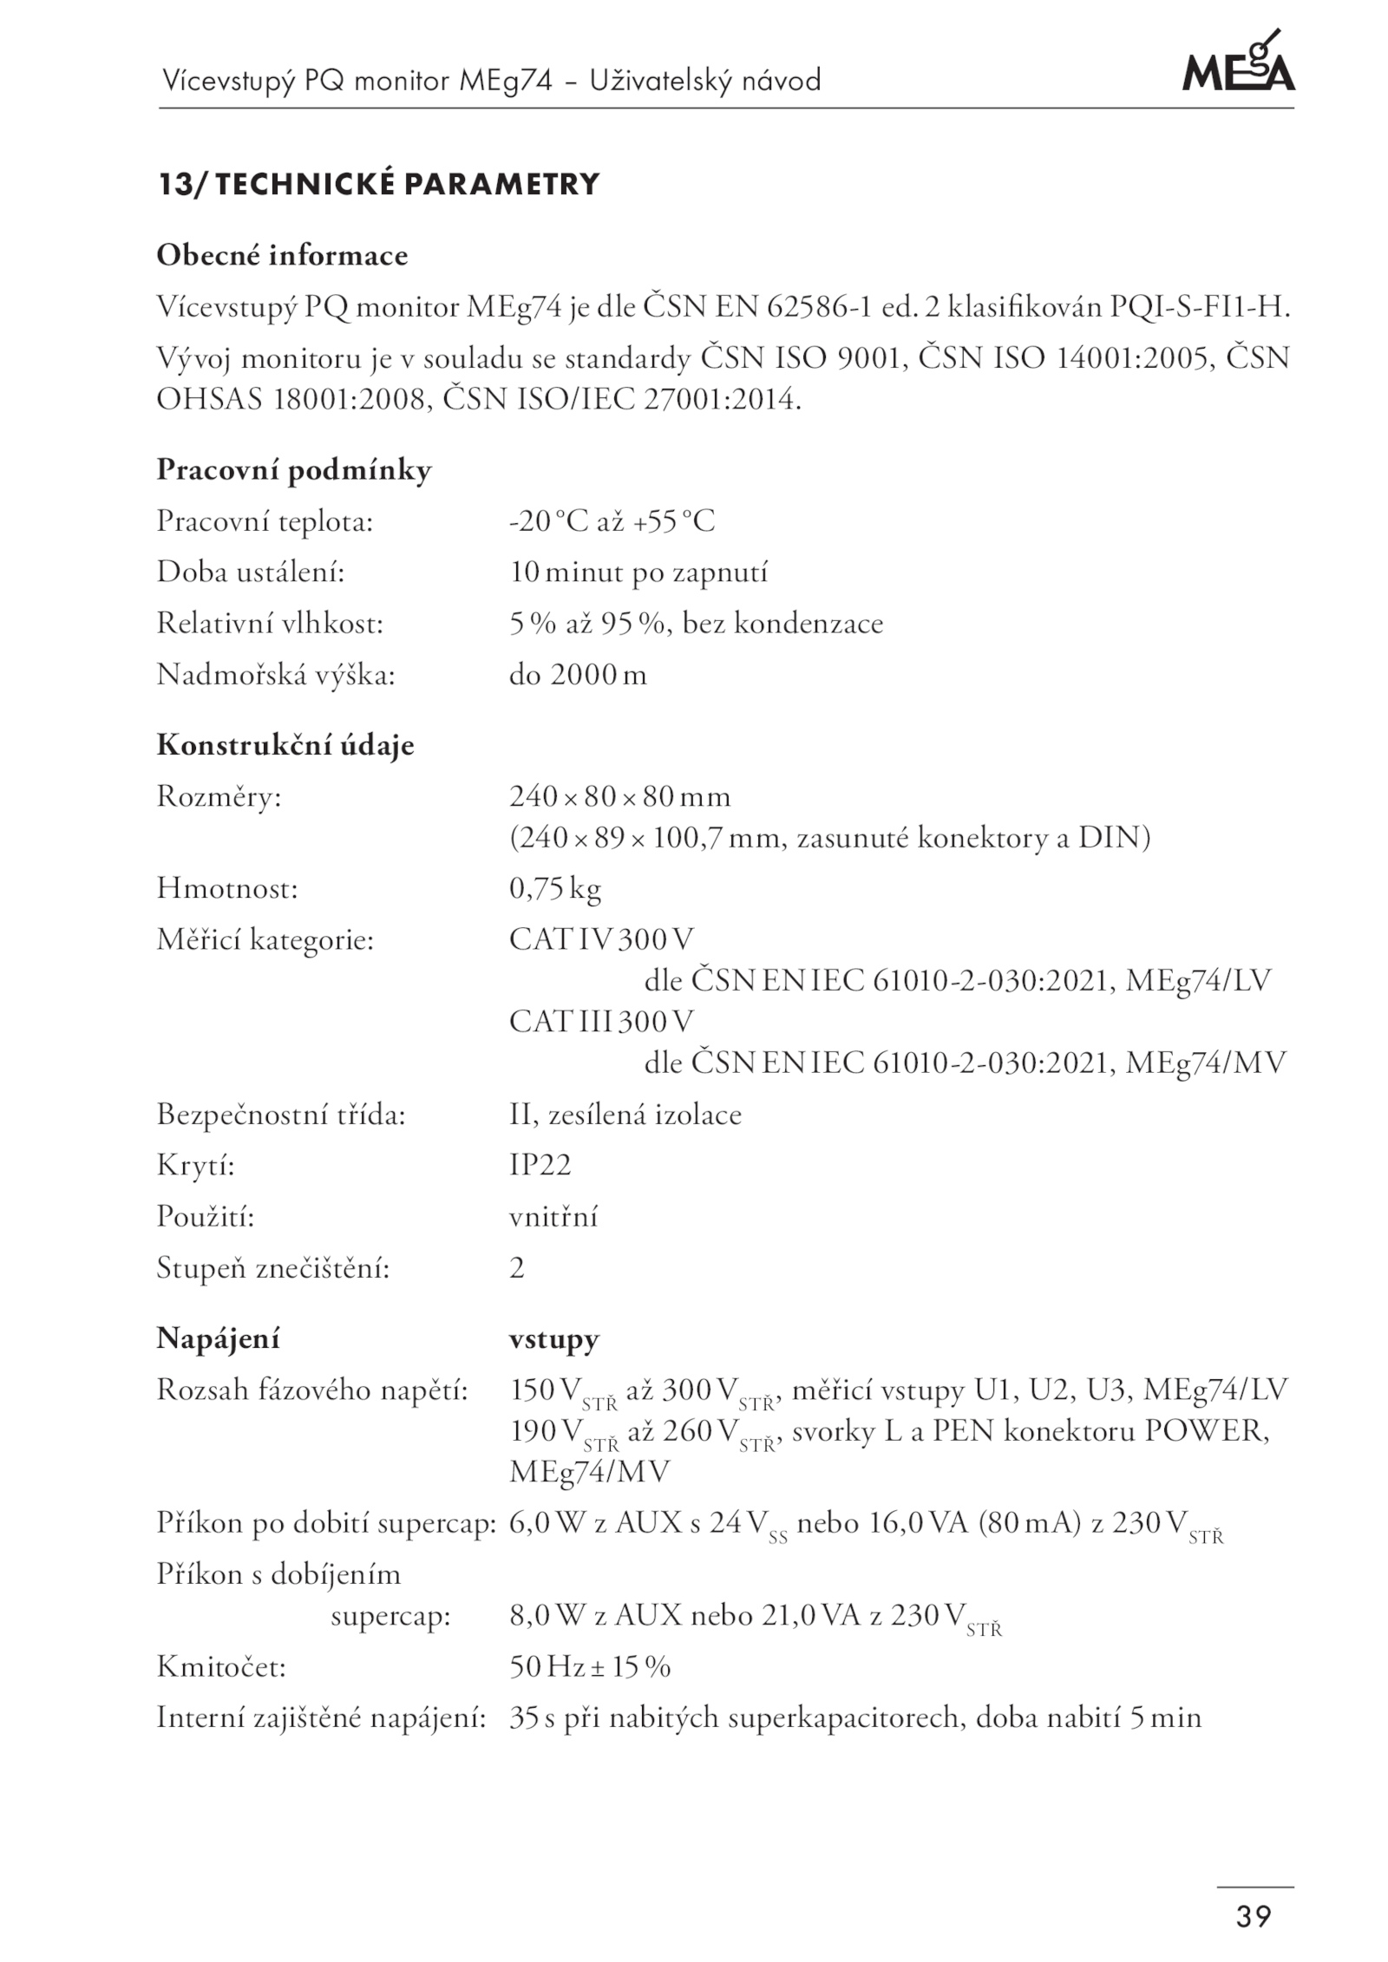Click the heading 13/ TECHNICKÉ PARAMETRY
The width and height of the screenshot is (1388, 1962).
pyautogui.click(x=378, y=185)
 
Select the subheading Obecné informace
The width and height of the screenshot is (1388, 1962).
pyautogui.click(x=282, y=256)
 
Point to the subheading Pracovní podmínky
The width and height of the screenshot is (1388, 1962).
pyautogui.click(x=293, y=470)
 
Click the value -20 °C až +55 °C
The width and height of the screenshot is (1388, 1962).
pyautogui.click(x=612, y=522)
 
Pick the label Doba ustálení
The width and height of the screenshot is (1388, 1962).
pyautogui.click(x=251, y=572)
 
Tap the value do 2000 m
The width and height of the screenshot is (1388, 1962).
pyautogui.click(x=578, y=675)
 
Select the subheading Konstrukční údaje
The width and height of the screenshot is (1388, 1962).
pyautogui.click(x=285, y=745)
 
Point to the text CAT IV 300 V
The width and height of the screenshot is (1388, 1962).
pyautogui.click(x=601, y=939)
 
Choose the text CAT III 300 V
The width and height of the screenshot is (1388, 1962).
pyautogui.click(x=601, y=1022)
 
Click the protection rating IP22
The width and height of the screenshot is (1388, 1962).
pyautogui.click(x=540, y=1165)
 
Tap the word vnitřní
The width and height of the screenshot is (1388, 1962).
pyautogui.click(x=553, y=1217)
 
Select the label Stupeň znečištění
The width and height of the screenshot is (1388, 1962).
pyautogui.click(x=273, y=1268)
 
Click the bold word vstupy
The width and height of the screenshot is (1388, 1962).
pyautogui.click(x=553, y=1339)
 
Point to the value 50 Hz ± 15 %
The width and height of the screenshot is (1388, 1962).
pyautogui.click(x=590, y=1667)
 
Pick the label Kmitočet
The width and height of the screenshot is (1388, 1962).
pyautogui.click(x=221, y=1667)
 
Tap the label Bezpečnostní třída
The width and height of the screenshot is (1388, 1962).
pyautogui.click(x=281, y=1115)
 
